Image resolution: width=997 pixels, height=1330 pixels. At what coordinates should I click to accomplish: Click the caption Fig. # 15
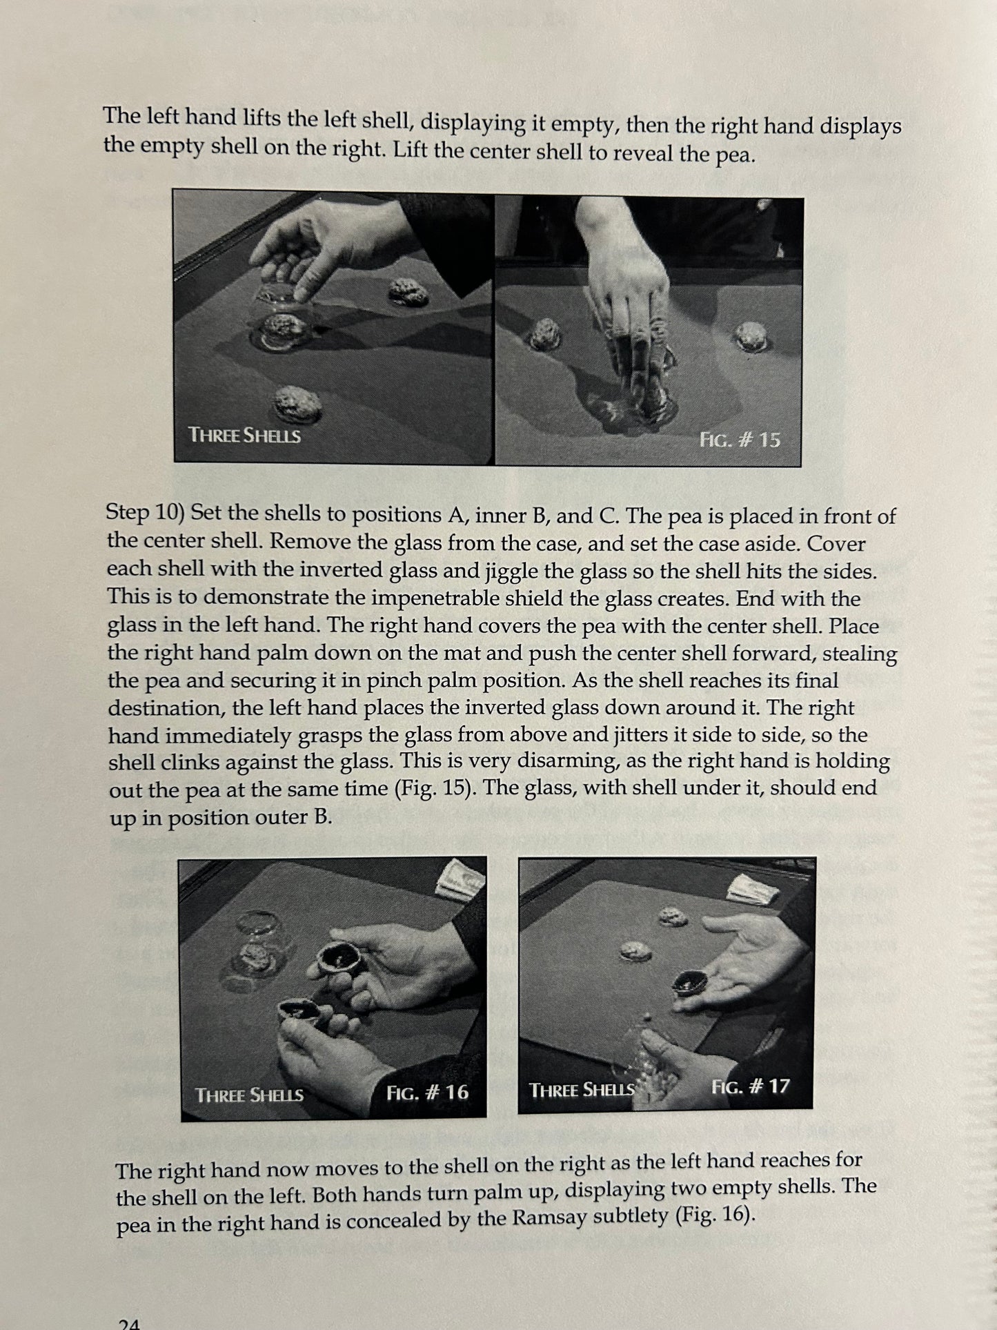pyautogui.click(x=740, y=440)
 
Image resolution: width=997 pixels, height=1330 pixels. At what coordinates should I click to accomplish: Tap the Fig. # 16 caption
pyautogui.click(x=427, y=1092)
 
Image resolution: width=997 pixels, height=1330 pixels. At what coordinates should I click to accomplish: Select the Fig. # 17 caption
pyautogui.click(x=750, y=1086)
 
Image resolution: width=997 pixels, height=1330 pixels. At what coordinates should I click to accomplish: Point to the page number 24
pyautogui.click(x=129, y=1322)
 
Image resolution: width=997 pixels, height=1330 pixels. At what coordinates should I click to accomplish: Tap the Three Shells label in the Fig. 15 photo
pyautogui.click(x=244, y=436)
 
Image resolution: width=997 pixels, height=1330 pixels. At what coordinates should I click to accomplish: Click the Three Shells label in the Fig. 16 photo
pyautogui.click(x=249, y=1095)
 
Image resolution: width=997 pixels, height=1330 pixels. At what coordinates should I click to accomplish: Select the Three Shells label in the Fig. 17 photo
pyautogui.click(x=581, y=1090)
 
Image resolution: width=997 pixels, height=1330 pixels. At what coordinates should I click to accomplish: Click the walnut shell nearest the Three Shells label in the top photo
pyautogui.click(x=297, y=404)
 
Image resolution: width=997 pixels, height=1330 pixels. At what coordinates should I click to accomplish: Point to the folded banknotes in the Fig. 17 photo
pyautogui.click(x=753, y=889)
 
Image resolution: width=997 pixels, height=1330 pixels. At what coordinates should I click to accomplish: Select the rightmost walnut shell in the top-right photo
pyautogui.click(x=751, y=336)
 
